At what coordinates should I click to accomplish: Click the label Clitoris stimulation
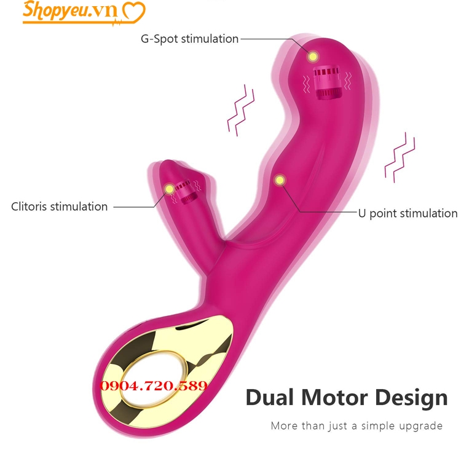point(60,207)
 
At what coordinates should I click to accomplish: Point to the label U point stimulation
point(408,213)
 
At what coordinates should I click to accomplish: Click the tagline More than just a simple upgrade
point(357,425)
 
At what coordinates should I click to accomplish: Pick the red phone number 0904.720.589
point(154,386)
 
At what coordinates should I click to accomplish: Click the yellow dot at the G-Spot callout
point(313,57)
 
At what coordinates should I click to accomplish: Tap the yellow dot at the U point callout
point(280,180)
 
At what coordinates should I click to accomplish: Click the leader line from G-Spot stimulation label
point(270,38)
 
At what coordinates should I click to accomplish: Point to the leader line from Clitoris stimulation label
point(135,207)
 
